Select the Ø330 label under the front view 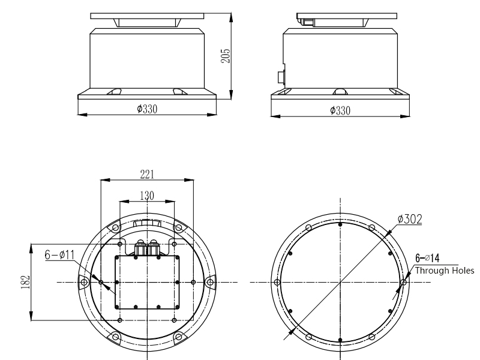coord(146,109)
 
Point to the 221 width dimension coord(147,174)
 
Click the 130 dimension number coord(147,195)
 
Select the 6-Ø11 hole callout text coord(59,255)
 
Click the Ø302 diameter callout coord(409,219)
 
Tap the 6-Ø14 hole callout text coord(428,258)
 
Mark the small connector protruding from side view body coord(280,77)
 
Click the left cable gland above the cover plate coord(140,246)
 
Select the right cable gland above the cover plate coord(154,246)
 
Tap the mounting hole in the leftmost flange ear coord(84,282)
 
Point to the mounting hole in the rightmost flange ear coord(209,282)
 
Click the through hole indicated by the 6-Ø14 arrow coord(403,282)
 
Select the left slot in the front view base coord(115,92)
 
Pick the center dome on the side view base coord(340,92)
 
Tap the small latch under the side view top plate coord(308,22)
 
